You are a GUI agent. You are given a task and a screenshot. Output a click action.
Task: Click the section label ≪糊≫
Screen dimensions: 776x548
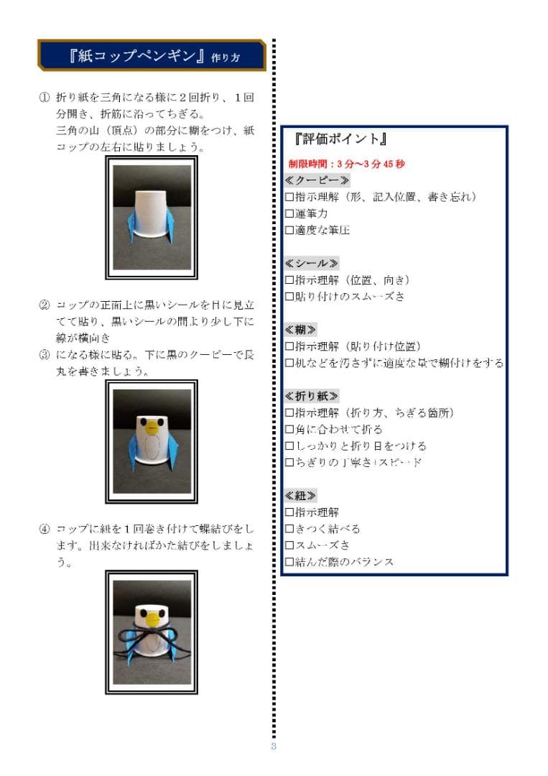point(301,330)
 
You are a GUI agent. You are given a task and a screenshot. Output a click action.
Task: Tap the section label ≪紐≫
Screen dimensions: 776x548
point(301,496)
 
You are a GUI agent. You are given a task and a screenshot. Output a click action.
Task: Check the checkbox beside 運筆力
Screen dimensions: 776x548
point(289,214)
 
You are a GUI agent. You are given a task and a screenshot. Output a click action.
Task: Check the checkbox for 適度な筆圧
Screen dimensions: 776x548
point(289,231)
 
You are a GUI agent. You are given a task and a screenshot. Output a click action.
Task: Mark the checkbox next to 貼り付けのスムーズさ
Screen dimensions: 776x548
point(289,297)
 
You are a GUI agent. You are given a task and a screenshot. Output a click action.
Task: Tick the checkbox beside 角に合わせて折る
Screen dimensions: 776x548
point(289,430)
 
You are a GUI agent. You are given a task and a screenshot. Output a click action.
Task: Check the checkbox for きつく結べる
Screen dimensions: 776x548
point(289,529)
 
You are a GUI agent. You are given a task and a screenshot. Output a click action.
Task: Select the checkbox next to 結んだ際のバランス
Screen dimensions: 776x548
point(289,562)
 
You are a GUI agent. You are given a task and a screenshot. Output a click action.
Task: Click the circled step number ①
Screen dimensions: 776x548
point(44,97)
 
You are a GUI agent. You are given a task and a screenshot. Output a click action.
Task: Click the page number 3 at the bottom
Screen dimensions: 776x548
point(274,747)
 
